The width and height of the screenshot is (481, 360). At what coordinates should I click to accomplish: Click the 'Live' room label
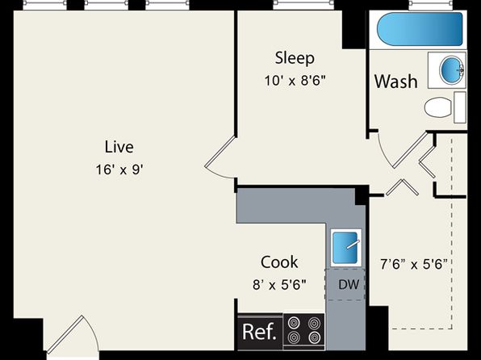coord(119,147)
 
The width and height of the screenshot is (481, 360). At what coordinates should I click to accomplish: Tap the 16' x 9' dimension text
coord(119,170)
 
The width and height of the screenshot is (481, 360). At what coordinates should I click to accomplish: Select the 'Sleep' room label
coord(295,58)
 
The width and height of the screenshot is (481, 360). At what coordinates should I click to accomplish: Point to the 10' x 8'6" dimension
coord(295,81)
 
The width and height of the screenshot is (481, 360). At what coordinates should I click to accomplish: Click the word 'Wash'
coord(396,82)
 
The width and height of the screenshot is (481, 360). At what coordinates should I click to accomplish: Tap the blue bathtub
coord(420,29)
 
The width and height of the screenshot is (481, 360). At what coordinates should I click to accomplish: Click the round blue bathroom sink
coord(451,70)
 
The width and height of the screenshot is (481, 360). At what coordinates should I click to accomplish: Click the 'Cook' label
coord(279,262)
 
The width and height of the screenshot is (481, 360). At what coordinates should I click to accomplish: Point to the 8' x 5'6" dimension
coord(279,285)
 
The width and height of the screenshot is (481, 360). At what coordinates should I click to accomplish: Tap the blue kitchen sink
coord(345,248)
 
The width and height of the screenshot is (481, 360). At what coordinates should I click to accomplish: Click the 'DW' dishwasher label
coord(349,285)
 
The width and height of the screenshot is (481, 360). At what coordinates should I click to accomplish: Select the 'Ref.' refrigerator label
coord(259,332)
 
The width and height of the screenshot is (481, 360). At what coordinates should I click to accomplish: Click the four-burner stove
coord(304,331)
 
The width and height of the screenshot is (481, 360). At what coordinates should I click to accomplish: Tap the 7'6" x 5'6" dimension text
coord(414,264)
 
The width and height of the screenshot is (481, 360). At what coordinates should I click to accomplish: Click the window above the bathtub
coord(431,3)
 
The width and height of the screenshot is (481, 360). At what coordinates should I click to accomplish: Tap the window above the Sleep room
coord(303,3)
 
